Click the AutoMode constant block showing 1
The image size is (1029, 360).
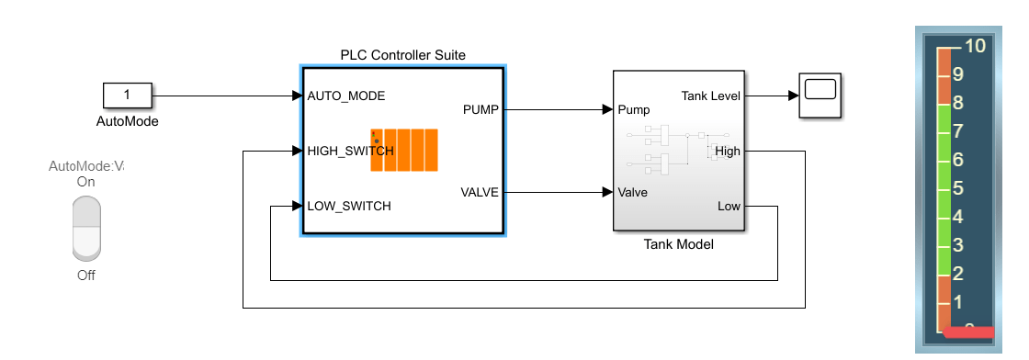127,95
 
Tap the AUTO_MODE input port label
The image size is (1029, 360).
345,96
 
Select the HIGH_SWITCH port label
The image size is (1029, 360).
350,151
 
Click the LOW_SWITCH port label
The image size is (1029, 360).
348,206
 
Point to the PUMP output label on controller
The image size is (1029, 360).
481,109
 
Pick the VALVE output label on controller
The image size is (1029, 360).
480,192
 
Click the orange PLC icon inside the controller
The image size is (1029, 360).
404,150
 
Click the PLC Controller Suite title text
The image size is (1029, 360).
402,55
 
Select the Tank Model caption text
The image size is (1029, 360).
678,244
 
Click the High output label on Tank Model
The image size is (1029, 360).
727,152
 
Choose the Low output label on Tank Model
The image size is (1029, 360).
729,207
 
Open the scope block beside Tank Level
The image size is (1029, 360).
820,96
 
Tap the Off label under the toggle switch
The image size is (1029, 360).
85,276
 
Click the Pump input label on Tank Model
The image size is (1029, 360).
634,109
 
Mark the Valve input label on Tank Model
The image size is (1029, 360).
634,192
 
